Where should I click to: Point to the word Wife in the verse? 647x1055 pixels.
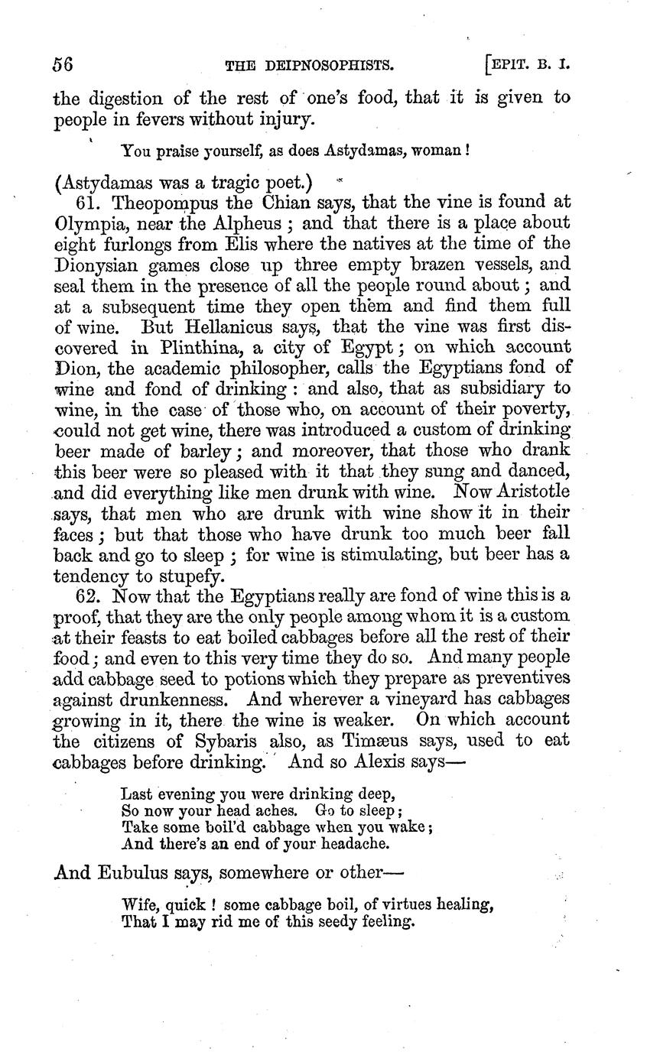click(x=138, y=904)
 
